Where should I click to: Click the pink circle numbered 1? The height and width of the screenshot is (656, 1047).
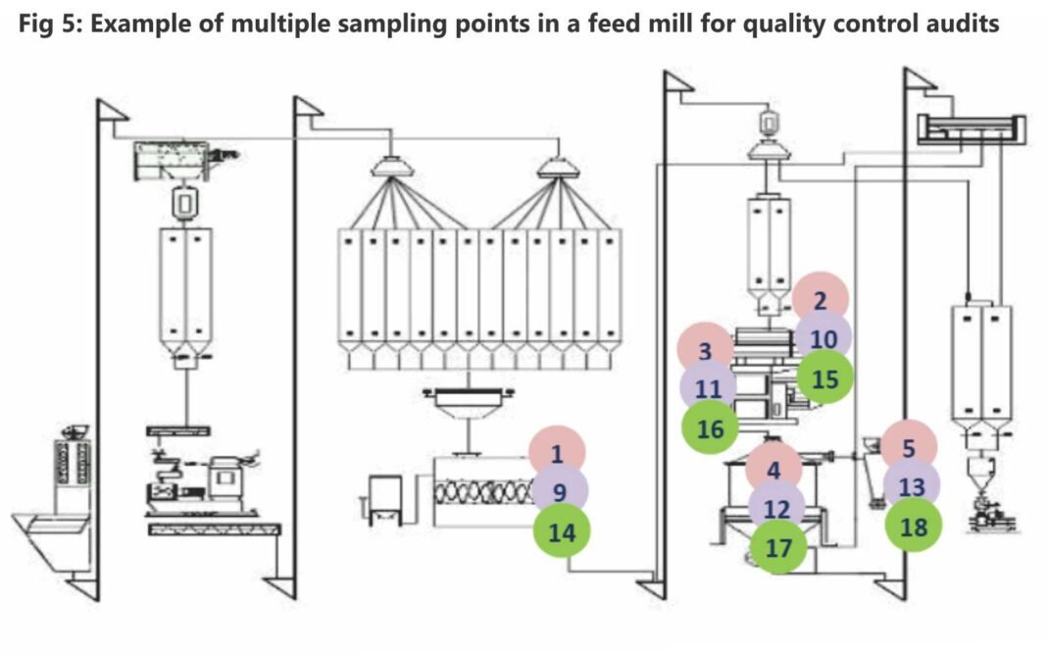tap(557, 453)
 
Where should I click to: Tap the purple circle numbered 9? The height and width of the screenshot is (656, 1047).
tap(559, 491)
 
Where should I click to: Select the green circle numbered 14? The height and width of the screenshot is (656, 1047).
tap(561, 531)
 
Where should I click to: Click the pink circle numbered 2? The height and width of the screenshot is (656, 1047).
tap(821, 300)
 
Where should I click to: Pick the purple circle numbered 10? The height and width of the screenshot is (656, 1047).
tap(823, 339)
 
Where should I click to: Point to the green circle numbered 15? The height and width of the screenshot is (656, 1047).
tap(824, 378)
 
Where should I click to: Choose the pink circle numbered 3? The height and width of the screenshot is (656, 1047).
tap(706, 350)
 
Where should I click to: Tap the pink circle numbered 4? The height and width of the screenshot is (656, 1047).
tap(773, 470)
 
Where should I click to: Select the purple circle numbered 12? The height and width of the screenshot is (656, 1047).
tap(776, 509)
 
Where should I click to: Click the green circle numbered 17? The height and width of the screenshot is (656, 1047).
tap(778, 547)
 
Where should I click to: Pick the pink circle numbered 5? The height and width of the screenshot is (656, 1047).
tap(909, 449)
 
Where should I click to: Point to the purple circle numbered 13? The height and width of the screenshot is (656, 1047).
tap(911, 487)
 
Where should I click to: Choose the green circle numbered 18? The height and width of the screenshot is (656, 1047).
tap(913, 527)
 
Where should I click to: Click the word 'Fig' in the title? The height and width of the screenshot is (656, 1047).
tap(37, 24)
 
